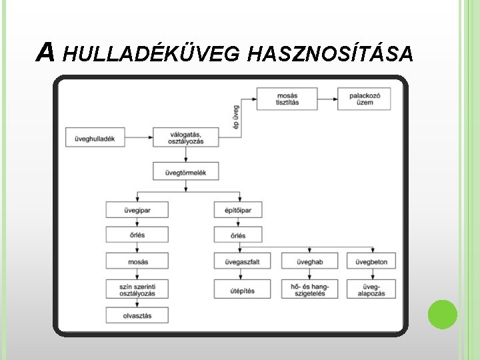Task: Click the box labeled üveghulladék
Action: pos(91,138)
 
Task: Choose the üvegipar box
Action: pos(137,209)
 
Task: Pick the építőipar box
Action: pos(238,209)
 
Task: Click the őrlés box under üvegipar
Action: pos(137,235)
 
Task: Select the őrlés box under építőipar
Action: pos(238,235)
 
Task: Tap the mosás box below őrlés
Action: pos(137,261)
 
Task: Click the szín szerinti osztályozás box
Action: pos(137,288)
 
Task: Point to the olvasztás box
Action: pos(137,315)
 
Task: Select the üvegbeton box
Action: pos(371,261)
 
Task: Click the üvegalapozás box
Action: pos(371,289)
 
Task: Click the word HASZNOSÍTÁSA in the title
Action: pos(329,53)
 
